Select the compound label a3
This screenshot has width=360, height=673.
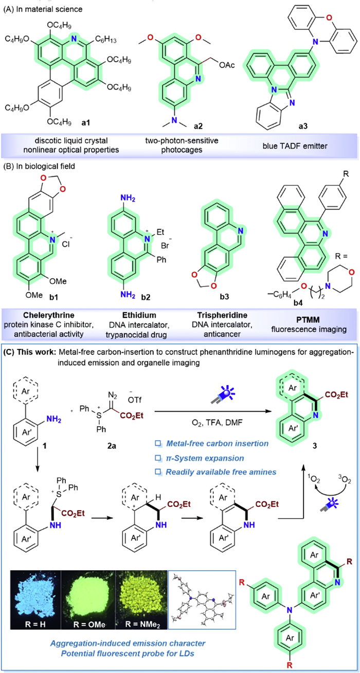[x=302, y=126]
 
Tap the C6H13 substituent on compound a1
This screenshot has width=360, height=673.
[x=106, y=39]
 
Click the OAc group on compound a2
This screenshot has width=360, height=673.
[x=227, y=65]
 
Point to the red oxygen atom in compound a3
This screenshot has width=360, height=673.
[x=329, y=18]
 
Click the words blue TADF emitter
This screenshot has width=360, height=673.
[x=295, y=146]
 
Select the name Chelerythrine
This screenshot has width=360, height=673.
[x=49, y=315]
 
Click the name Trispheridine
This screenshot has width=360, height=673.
[x=222, y=315]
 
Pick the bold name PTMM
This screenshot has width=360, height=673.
[x=309, y=319]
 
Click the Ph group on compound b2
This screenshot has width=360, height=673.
[x=161, y=259]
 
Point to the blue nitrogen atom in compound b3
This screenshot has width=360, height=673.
[x=240, y=231]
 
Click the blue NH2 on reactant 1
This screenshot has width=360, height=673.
[x=54, y=420]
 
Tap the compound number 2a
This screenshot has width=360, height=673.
[x=112, y=446]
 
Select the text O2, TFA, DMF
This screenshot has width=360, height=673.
[x=217, y=423]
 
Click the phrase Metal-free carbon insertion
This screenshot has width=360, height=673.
[x=217, y=444]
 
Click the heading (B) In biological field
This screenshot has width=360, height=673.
[x=39, y=166]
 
